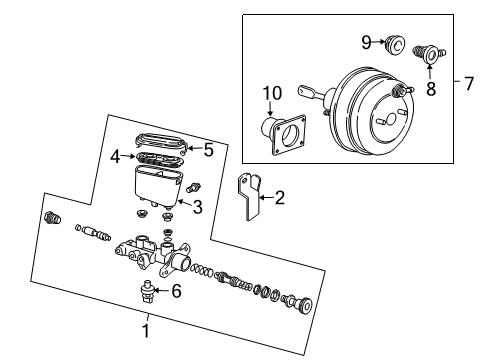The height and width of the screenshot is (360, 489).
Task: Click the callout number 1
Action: click(x=146, y=326)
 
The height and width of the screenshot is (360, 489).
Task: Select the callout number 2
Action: click(x=281, y=198)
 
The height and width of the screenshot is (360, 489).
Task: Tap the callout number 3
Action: click(x=197, y=207)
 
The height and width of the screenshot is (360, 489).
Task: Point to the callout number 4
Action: click(x=115, y=156)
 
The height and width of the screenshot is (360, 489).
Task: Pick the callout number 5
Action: click(x=208, y=151)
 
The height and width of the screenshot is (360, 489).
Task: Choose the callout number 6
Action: click(x=177, y=291)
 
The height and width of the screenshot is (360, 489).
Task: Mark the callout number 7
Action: click(x=468, y=82)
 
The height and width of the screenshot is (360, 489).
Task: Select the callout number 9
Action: click(x=366, y=41)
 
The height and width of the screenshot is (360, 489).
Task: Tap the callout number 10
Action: click(x=268, y=94)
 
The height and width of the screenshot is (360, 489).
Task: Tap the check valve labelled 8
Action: click(x=434, y=47)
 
